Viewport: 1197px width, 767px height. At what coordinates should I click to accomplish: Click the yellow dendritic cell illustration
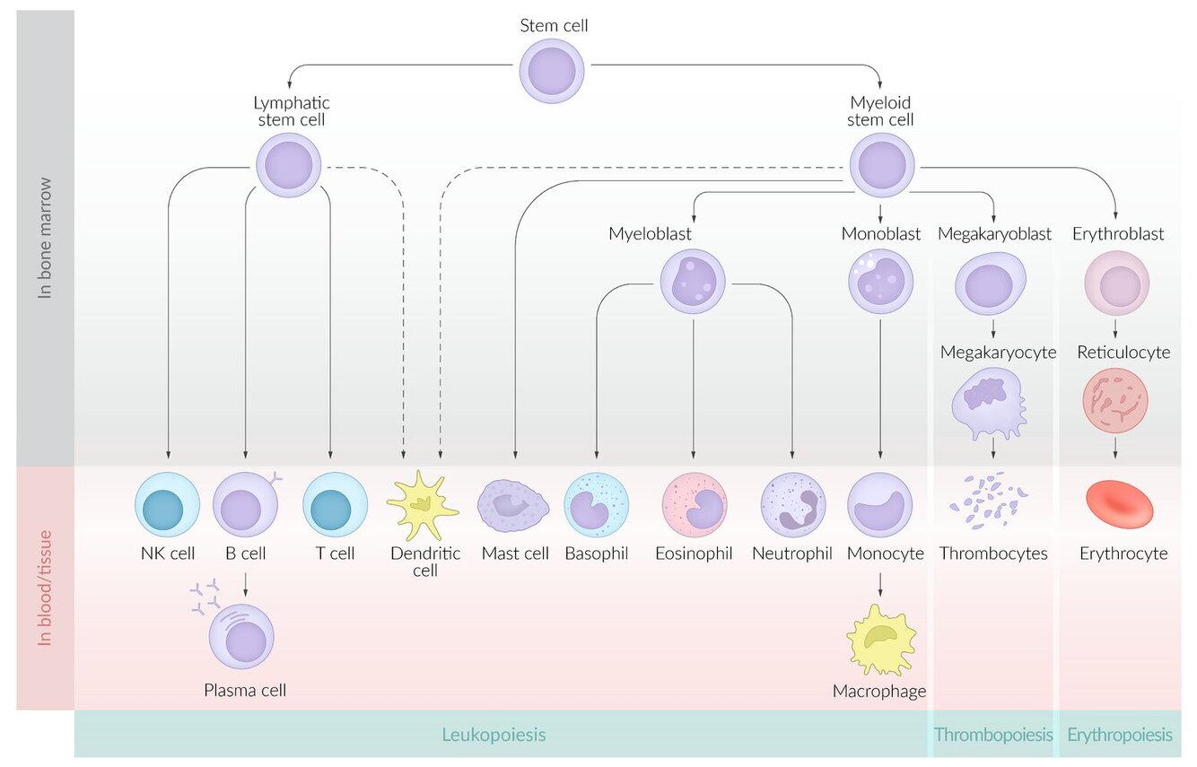click(423, 505)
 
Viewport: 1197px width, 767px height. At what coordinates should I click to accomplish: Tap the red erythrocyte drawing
click(1120, 504)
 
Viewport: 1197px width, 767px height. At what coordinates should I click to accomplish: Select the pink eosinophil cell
click(695, 505)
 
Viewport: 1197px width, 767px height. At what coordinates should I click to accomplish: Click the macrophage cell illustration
click(881, 640)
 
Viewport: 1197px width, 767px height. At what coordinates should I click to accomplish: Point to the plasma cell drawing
click(241, 636)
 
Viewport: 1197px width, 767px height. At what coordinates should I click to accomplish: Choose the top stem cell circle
click(552, 71)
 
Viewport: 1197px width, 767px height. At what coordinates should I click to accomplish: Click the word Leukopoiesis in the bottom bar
click(494, 735)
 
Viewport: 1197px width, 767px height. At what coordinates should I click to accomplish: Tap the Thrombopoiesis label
click(993, 735)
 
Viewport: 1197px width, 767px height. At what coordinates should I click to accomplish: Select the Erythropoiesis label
click(1120, 735)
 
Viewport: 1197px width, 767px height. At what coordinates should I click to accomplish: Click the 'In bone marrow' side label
click(45, 238)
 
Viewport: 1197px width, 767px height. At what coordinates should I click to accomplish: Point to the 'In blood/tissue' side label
click(45, 588)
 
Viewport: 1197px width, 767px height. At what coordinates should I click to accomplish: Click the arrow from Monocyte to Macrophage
click(880, 585)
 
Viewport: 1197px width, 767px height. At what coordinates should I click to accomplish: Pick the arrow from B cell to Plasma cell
click(245, 585)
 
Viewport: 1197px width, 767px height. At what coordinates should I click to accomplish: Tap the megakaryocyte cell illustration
click(989, 405)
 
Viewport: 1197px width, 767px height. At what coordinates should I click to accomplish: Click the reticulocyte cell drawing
click(1115, 401)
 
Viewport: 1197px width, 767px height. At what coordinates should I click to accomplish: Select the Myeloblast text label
click(650, 233)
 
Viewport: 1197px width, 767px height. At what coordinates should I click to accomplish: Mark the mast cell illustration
click(512, 505)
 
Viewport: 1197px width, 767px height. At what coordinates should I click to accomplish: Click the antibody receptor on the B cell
click(275, 479)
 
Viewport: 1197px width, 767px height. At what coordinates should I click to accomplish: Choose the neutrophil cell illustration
click(793, 505)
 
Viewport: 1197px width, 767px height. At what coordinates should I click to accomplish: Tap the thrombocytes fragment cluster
click(989, 500)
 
